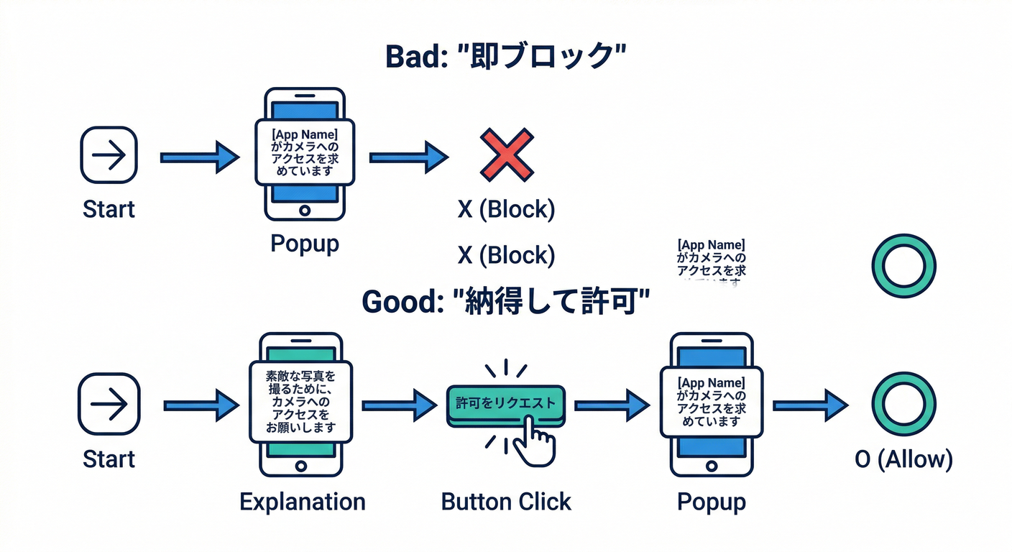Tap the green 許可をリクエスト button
coord(505,404)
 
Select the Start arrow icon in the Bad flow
coord(109,155)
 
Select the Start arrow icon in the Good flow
coord(109,404)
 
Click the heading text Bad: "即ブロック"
coord(505,57)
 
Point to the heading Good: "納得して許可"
coord(505,301)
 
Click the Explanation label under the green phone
coord(302,501)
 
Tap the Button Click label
coord(506,501)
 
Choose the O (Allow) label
coord(903,459)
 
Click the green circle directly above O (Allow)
coord(903,405)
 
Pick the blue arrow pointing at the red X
coord(408,156)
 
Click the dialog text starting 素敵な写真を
coord(301,401)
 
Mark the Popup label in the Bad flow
coord(304,244)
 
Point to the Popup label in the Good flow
coord(711,501)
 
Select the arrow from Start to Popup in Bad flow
coord(199,156)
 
